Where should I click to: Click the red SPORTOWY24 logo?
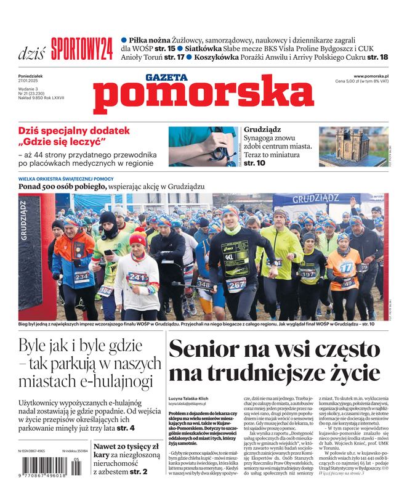(x=82, y=49)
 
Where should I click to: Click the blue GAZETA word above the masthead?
(x=166, y=78)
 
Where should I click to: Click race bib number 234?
(x=81, y=277)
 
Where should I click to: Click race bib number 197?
(x=308, y=273)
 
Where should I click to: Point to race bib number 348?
(x=203, y=284)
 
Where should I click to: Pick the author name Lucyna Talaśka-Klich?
(x=193, y=399)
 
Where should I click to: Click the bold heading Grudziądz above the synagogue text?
(x=262, y=130)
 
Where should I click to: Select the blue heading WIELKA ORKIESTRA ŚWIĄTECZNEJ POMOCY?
(x=66, y=178)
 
